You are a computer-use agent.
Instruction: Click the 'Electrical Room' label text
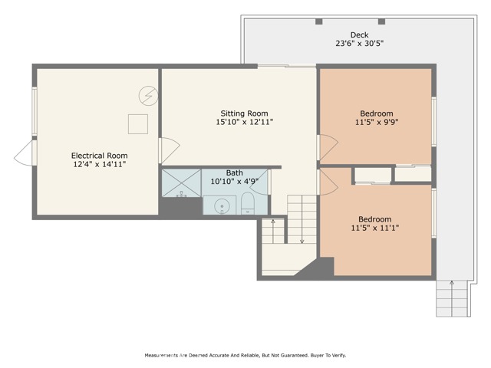(x=98, y=154)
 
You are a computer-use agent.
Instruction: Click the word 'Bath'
(x=235, y=173)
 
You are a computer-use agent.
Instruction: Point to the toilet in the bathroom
(x=248, y=203)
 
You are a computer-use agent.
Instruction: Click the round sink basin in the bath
(x=222, y=205)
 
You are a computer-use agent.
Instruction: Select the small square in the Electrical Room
(x=137, y=123)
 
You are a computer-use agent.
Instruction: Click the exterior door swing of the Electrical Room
(x=25, y=153)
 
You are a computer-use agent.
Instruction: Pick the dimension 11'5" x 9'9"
(x=376, y=122)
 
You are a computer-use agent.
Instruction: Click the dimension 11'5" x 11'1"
(x=375, y=227)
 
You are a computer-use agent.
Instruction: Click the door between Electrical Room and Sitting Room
(x=169, y=149)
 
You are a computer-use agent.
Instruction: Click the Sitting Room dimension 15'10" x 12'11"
(x=245, y=122)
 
